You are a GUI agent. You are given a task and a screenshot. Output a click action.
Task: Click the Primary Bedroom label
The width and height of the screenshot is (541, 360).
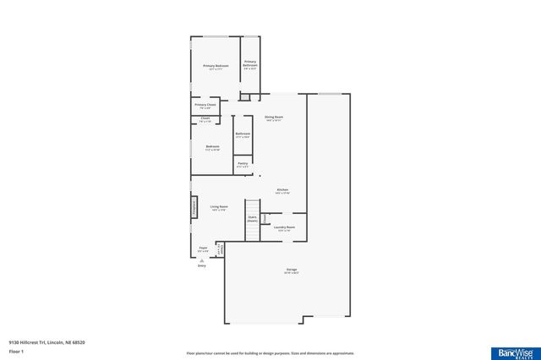point(216,67)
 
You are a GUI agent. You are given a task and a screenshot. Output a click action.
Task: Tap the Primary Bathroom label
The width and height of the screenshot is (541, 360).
point(250,63)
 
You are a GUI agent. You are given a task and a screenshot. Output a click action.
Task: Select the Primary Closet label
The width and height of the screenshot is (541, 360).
point(205,106)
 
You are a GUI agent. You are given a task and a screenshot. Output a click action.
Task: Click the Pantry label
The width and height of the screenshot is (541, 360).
point(242,164)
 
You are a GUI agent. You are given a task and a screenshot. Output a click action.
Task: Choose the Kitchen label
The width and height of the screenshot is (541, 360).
point(282,191)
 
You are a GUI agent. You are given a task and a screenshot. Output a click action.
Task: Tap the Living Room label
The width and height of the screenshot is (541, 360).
point(219,208)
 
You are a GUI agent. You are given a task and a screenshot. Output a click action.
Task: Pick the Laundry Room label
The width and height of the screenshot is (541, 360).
point(284,227)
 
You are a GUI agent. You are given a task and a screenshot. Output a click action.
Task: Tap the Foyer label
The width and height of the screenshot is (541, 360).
point(203,249)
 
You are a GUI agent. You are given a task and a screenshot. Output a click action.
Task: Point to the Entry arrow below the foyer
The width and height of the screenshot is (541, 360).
point(201,261)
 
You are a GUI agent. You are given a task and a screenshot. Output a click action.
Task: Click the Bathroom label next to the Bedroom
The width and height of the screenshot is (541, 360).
point(243,134)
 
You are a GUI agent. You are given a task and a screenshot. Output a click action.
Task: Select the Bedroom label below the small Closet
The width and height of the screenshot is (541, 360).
point(212,148)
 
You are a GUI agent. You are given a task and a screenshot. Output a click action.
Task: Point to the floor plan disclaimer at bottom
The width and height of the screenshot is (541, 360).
point(270,353)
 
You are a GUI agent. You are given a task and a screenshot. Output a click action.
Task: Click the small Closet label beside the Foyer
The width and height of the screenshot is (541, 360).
point(221,250)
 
